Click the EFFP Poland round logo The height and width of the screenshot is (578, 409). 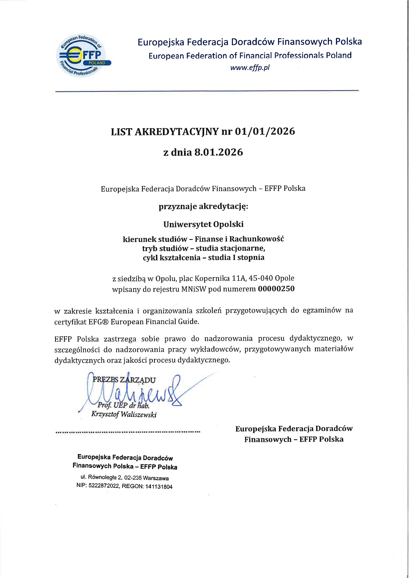83,55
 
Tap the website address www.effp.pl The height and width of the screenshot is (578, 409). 250,68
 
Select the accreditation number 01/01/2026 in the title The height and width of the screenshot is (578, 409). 265,131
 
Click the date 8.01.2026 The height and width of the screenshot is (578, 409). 219,152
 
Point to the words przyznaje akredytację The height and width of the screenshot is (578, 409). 203,207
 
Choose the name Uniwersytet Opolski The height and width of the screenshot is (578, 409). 203,224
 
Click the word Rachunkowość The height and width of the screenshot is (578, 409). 257,239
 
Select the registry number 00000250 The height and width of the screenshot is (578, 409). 276,289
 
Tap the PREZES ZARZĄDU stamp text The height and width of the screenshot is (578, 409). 124,380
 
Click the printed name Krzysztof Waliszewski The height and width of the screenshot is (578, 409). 124,415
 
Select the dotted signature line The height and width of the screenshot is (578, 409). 128,432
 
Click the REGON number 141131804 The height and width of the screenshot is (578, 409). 159,487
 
